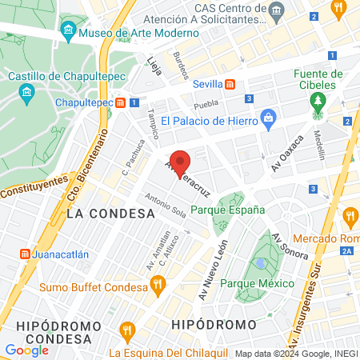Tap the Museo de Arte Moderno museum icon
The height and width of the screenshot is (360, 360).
coord(68,34)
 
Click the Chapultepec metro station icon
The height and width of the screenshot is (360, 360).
coord(121,102)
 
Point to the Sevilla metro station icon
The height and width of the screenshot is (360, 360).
coord(230,84)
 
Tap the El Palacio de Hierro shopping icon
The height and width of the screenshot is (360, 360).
coord(268,121)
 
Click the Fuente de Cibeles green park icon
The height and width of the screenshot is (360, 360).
coord(318,100)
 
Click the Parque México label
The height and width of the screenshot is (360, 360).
coord(257,283)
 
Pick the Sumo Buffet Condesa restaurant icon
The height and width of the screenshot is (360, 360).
coord(157,282)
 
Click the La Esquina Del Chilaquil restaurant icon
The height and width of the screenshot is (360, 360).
coord(126,330)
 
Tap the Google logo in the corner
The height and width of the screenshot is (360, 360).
coord(26,350)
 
